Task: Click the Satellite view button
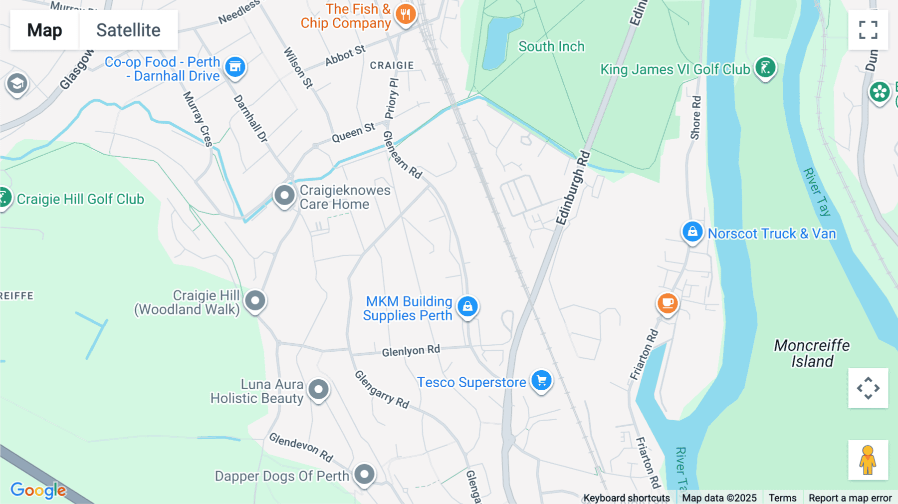point(128,30)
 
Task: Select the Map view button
point(44,30)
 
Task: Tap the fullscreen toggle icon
point(868,30)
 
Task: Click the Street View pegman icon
point(868,460)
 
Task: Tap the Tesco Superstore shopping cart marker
point(541,381)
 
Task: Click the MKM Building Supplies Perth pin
point(467,306)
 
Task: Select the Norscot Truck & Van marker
point(692,232)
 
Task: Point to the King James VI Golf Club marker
point(765,67)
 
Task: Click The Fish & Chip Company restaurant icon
point(406,14)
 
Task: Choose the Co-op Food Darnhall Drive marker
point(235,67)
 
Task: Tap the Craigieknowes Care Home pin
point(284,196)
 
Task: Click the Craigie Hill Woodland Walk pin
point(255,301)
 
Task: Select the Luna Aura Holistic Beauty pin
point(318,389)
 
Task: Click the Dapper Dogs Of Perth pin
point(364,474)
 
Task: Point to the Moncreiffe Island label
point(812,353)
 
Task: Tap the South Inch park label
point(551,46)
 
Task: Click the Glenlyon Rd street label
point(411,351)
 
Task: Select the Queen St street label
point(353,133)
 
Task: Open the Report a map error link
point(850,498)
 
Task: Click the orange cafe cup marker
point(668,303)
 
